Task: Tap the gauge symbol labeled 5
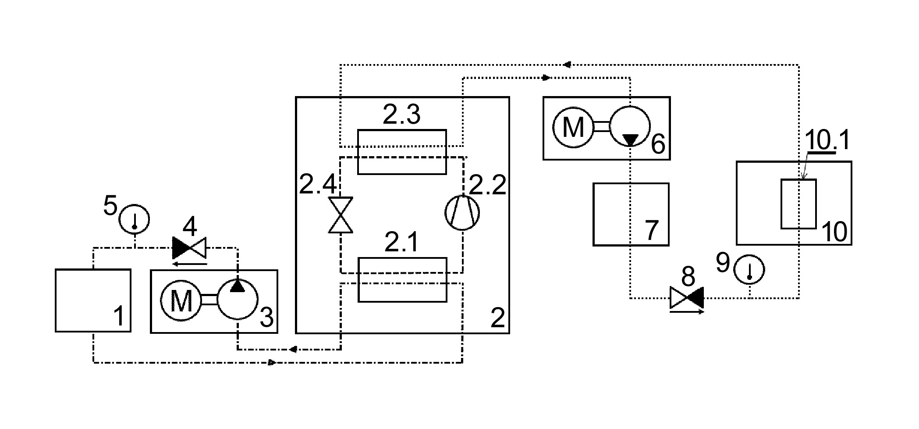click(x=135, y=218)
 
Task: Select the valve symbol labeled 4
click(x=189, y=248)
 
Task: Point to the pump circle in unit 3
click(x=237, y=301)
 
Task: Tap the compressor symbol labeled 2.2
click(x=463, y=212)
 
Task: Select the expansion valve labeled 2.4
click(x=341, y=215)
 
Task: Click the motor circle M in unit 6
click(x=573, y=127)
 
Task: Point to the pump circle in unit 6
click(x=630, y=127)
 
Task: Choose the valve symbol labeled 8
click(x=687, y=298)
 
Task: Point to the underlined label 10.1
click(x=827, y=140)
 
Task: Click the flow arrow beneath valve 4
click(x=189, y=264)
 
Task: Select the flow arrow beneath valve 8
click(x=687, y=312)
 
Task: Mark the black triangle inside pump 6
click(x=631, y=140)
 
